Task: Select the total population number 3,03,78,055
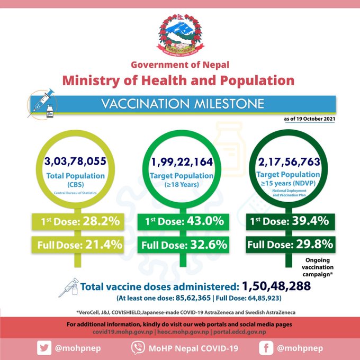tap(77, 162)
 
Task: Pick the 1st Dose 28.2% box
tap(78, 220)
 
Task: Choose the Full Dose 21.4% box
tap(78, 245)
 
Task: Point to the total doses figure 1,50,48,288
tap(276, 287)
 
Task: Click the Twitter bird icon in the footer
tap(42, 347)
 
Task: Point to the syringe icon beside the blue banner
tap(42, 103)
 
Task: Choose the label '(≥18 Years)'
tap(181, 185)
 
